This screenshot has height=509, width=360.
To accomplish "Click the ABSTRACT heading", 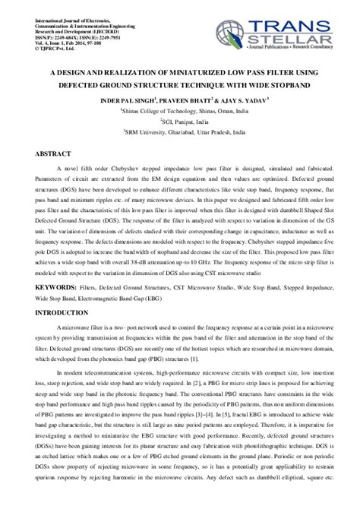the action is pyautogui.click(x=55, y=153).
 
